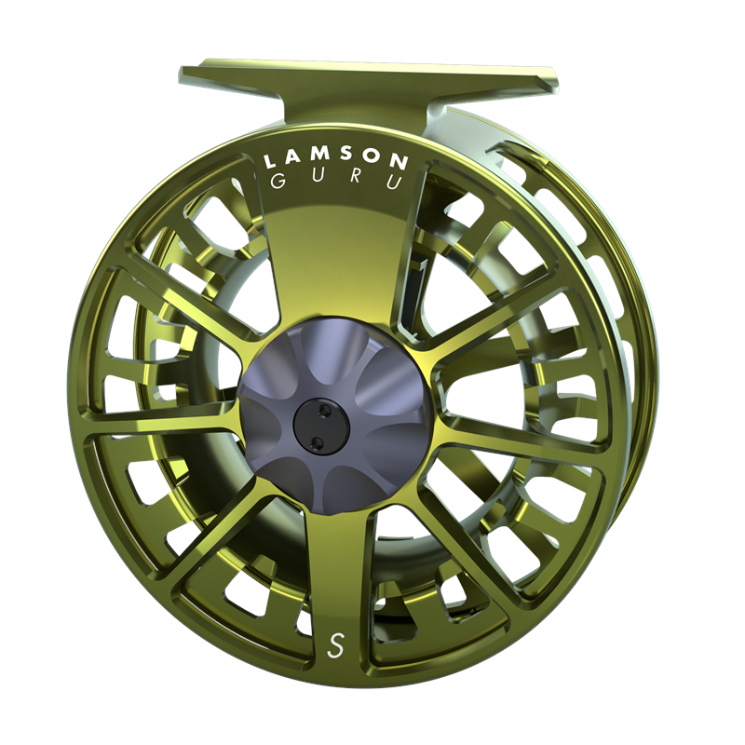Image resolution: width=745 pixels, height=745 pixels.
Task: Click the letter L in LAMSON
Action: [269, 161]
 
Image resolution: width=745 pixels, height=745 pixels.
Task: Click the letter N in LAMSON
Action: [400, 161]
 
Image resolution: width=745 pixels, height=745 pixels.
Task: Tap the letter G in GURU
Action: [277, 182]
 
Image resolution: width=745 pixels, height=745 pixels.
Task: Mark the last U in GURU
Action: [394, 183]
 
